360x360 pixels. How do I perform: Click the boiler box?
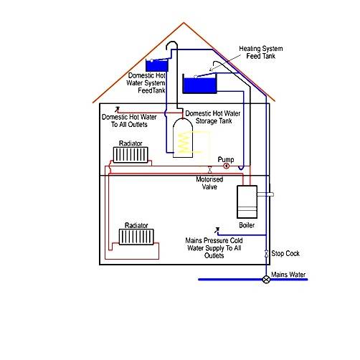tap(247, 202)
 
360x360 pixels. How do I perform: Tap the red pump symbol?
tap(226, 166)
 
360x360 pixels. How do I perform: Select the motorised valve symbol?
tap(210, 169)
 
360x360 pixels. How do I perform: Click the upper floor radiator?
tap(131, 155)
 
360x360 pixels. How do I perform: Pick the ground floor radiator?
tap(136, 237)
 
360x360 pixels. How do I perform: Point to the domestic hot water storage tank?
tap(183, 138)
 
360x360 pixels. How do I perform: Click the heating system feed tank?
tap(200, 83)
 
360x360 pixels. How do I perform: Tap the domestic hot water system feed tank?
tap(157, 65)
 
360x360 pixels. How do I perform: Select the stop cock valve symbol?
tap(266, 253)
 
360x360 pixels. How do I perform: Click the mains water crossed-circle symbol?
tap(266, 279)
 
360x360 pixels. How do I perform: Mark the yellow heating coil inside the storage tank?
tap(184, 143)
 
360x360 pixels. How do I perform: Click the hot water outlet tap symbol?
tap(117, 110)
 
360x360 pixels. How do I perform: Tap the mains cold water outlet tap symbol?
tap(217, 230)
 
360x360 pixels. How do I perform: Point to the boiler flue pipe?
tap(265, 194)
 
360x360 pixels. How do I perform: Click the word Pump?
tap(226, 159)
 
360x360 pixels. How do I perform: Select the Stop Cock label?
tap(285, 253)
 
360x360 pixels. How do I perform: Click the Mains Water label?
tap(288, 274)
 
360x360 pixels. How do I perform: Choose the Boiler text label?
tap(247, 225)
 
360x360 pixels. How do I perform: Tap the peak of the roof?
tap(184, 23)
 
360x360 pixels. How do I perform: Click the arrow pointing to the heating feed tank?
tap(225, 62)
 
